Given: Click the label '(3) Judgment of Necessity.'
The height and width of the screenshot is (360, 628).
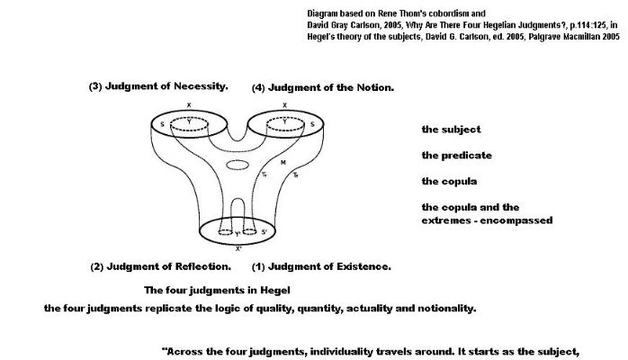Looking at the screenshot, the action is [157, 87].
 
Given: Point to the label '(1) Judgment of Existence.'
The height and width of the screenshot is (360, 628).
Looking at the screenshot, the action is [320, 266].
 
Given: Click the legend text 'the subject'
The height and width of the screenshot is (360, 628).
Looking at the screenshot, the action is [451, 130].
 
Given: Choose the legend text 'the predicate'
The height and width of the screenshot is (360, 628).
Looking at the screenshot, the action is [456, 156].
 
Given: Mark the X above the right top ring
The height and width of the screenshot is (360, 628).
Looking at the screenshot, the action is [284, 106].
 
